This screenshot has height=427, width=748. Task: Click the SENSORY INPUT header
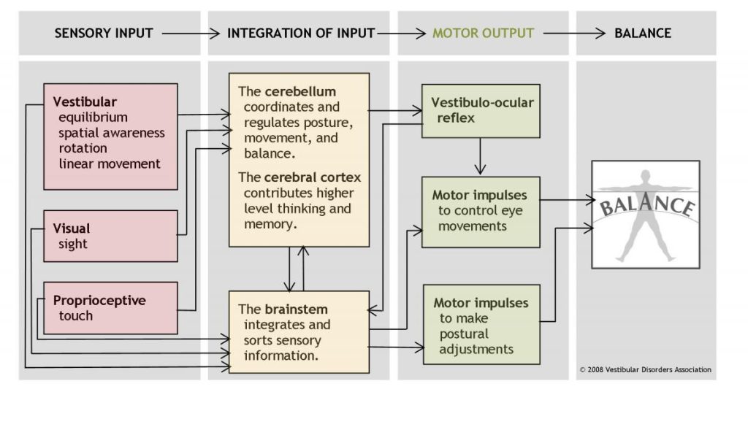[x=103, y=34]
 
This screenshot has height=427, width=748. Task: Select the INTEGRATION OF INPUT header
[x=301, y=34]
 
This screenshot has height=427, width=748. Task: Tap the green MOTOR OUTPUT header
[x=483, y=34]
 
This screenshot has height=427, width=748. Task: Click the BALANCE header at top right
[x=642, y=34]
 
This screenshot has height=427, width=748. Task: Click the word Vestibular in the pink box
[x=85, y=102]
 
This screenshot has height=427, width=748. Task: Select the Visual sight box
[x=110, y=236]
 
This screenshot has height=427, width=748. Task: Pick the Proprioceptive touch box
[x=110, y=307]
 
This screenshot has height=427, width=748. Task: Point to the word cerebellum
[x=300, y=92]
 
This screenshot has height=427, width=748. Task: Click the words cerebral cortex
[x=313, y=177]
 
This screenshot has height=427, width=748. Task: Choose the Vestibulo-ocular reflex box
[x=481, y=110]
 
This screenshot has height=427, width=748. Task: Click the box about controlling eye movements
[x=481, y=211]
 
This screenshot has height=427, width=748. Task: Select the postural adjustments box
[x=481, y=324]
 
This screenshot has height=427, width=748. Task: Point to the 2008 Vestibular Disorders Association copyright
[x=645, y=369]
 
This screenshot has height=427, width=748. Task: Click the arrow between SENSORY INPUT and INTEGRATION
[x=190, y=34]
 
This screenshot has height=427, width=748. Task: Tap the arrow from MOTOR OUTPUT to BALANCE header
[x=574, y=34]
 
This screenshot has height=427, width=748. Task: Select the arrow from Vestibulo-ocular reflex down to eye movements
[x=481, y=156]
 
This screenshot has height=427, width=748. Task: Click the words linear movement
[x=110, y=164]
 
